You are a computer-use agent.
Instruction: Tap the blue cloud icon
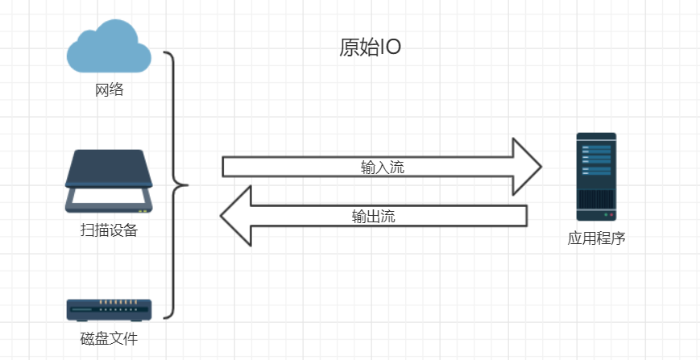coord(109,49)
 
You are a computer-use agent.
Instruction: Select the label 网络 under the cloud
coord(109,89)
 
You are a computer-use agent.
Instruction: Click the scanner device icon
coord(109,181)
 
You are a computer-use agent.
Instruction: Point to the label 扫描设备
coord(109,230)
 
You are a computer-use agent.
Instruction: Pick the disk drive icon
coord(109,308)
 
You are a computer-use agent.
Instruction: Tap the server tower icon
coord(596,176)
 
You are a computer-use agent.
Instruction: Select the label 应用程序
coord(596,239)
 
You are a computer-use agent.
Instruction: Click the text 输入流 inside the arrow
coord(382,168)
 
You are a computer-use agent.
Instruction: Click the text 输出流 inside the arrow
coord(373,216)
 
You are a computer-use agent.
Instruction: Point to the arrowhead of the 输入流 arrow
coord(527,167)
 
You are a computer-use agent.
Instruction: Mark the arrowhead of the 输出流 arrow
coord(236,215)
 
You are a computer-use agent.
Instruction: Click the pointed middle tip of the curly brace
coord(186,185)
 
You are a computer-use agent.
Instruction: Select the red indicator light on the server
coord(611,216)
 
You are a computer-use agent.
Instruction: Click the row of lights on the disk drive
coord(120,304)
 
